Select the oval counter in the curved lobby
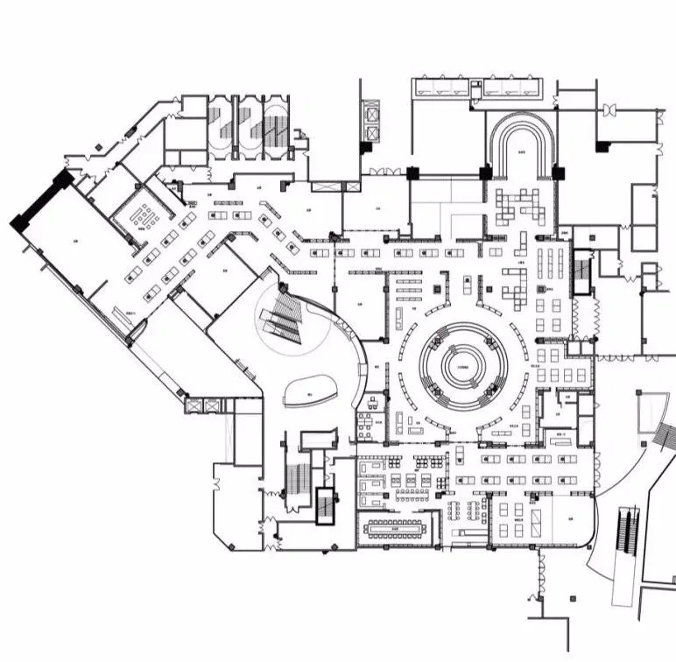coord(311,389)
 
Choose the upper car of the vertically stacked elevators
coord(371,113)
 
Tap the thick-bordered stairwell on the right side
coord(582,271)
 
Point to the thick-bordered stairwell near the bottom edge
coord(326,504)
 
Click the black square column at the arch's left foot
coord(485,173)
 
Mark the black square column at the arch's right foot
coord(558,173)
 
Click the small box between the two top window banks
coord(475,87)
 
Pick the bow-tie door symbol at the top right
coord(609,110)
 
